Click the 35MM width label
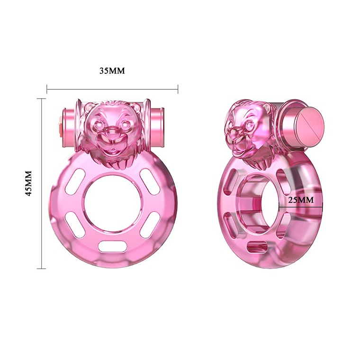(x=112, y=71)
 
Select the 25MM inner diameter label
(x=301, y=200)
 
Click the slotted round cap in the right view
(x=309, y=126)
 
